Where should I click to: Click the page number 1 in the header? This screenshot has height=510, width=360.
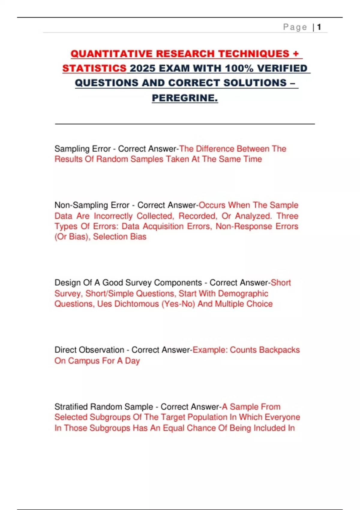pyautogui.click(x=319, y=27)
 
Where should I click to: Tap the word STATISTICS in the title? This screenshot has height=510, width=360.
pyautogui.click(x=94, y=68)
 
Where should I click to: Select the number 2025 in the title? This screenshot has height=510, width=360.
pyautogui.click(x=142, y=68)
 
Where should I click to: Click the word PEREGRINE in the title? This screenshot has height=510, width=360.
pyautogui.click(x=184, y=98)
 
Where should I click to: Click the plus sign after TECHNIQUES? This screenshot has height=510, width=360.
pyautogui.click(x=296, y=54)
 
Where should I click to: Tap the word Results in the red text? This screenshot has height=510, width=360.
pyautogui.click(x=68, y=159)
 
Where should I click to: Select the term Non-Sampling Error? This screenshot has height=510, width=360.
pyautogui.click(x=92, y=205)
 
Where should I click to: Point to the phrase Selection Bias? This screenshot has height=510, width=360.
pyautogui.click(x=120, y=237)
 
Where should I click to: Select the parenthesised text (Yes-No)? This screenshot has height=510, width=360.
pyautogui.click(x=178, y=304)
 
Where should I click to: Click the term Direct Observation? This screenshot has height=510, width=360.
pyautogui.click(x=89, y=350)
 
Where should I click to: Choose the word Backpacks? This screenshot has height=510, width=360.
pyautogui.click(x=279, y=350)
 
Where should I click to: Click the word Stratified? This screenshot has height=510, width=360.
pyautogui.click(x=71, y=407)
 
